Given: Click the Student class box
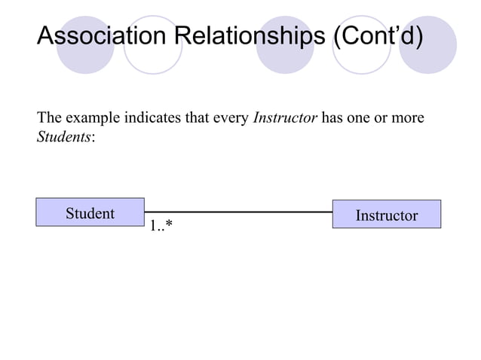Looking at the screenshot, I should click(x=90, y=213).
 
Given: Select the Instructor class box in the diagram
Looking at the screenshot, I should click(x=386, y=215).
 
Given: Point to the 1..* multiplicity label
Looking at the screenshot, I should click(x=161, y=226).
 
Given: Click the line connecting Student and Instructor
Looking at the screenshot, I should click(x=237, y=212).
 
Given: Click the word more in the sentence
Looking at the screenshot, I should click(x=408, y=119).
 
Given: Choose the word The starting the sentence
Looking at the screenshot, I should click(x=48, y=118).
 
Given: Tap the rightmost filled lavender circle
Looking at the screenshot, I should click(x=427, y=45).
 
